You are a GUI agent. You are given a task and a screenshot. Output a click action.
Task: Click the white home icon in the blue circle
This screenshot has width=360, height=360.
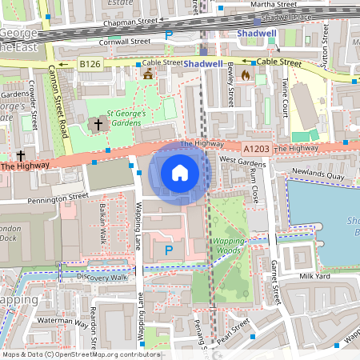tap(180, 173)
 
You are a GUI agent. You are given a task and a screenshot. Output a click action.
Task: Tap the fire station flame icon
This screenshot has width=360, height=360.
tap(245, 75)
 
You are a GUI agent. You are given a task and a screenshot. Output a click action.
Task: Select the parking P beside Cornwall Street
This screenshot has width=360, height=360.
tap(169, 34)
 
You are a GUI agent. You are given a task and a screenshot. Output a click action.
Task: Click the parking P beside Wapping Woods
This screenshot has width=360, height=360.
tap(168, 250)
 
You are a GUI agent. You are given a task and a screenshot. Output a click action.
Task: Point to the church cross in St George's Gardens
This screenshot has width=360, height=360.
tap(99, 125)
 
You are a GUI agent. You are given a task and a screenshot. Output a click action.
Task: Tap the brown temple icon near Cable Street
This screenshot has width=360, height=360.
tap(147, 74)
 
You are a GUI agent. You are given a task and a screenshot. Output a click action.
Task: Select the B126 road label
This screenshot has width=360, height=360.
tap(89, 62)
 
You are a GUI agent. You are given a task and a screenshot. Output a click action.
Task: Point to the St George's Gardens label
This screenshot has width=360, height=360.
tap(126, 118)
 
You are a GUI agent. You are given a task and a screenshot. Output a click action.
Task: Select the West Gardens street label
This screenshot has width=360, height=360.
tap(237, 161)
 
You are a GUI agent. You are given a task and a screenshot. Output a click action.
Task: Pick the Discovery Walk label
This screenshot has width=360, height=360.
tap(102, 277)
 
